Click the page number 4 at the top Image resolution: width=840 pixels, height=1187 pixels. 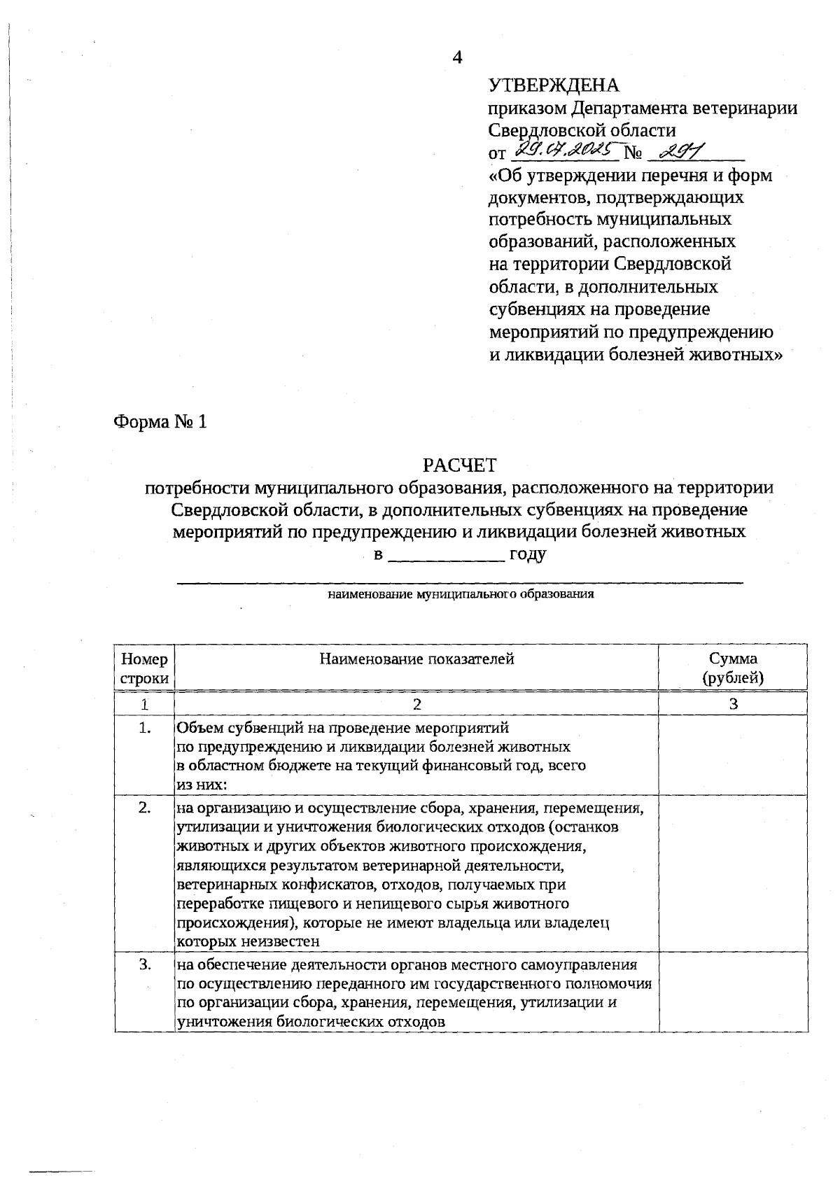tap(457, 57)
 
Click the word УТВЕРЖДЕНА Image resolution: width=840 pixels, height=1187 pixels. tap(554, 85)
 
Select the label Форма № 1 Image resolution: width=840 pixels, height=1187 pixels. tap(160, 422)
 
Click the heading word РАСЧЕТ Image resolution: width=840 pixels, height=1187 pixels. tap(459, 465)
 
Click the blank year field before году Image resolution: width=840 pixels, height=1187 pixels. tap(446, 556)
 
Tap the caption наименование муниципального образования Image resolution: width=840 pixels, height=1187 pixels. tap(461, 595)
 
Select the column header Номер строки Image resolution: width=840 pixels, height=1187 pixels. tap(144, 668)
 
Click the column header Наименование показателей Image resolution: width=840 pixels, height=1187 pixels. tap(416, 659)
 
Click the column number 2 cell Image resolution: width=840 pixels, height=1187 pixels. tap(417, 704)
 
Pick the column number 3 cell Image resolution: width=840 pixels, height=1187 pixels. tap(733, 704)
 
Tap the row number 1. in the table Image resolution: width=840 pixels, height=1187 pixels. tap(145, 728)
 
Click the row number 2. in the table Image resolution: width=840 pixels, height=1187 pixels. tap(145, 808)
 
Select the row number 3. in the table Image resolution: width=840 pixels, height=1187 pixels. tap(145, 964)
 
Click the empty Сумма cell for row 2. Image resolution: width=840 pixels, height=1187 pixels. tap(733, 875)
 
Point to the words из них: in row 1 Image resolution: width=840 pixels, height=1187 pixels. tap(202, 785)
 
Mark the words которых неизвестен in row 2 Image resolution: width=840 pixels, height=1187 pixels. tap(248, 941)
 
